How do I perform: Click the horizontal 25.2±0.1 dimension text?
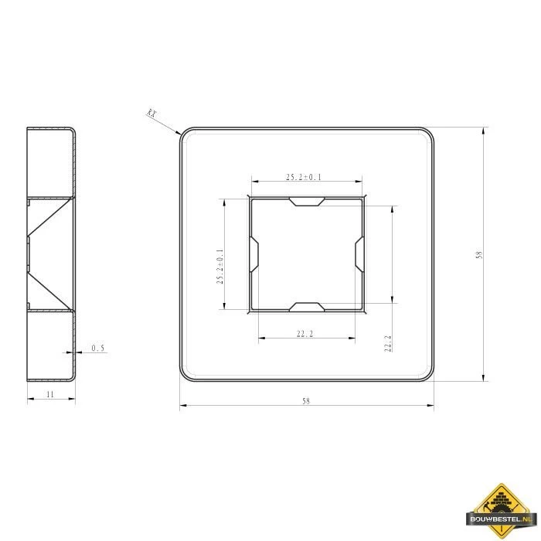pyautogui.click(x=304, y=177)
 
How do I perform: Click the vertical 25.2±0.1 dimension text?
pyautogui.click(x=220, y=267)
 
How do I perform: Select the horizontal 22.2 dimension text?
pyautogui.click(x=305, y=334)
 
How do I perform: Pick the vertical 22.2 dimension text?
pyautogui.click(x=388, y=343)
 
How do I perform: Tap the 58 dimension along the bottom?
pyautogui.click(x=306, y=401)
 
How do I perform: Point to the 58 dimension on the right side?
pyautogui.click(x=479, y=254)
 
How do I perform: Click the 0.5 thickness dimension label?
pyautogui.click(x=97, y=348)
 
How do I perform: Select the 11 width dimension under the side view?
pyautogui.click(x=50, y=394)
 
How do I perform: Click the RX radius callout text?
pyautogui.click(x=152, y=113)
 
